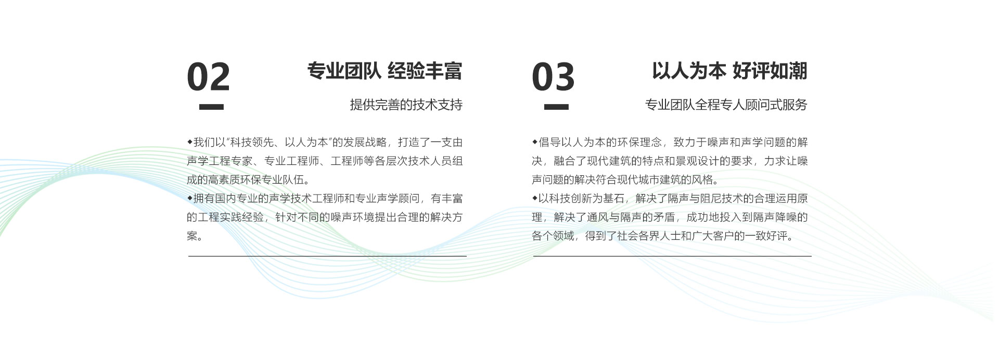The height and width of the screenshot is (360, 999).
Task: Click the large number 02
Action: [x=208, y=76]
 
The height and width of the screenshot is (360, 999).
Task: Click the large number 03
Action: [x=553, y=76]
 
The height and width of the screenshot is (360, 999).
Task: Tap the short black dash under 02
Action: [x=211, y=107]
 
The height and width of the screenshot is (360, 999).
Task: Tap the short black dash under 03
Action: [x=556, y=107]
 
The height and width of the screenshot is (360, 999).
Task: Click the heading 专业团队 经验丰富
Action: [x=385, y=71]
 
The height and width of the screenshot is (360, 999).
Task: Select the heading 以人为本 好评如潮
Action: [x=729, y=71]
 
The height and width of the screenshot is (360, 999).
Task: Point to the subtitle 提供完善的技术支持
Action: [x=406, y=105]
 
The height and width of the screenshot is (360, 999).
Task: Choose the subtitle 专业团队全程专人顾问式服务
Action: [x=726, y=105]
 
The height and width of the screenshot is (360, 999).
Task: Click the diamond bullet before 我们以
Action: [x=190, y=142]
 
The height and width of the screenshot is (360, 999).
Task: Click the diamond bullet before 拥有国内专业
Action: [x=190, y=198]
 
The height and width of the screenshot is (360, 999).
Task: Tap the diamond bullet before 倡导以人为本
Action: [x=534, y=142]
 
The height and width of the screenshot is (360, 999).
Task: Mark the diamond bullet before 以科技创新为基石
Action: [x=534, y=198]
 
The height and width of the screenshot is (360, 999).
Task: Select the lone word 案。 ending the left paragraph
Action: [x=195, y=236]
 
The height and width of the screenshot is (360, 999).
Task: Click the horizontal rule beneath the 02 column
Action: [x=327, y=256]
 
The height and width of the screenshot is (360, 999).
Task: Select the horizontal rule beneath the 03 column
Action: [x=672, y=256]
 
